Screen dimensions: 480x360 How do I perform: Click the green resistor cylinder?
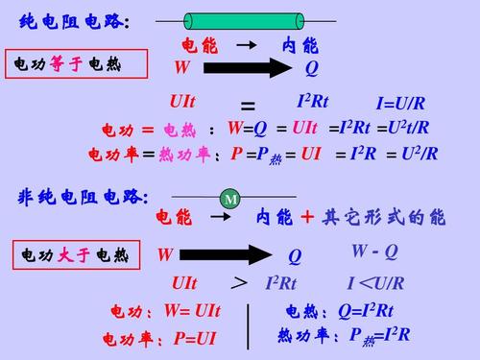tap(244, 21)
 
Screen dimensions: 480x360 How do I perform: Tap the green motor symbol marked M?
tap(230, 199)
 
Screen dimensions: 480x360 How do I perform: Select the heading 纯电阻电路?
tap(74, 22)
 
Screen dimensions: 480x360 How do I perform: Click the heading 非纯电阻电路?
tap(83, 197)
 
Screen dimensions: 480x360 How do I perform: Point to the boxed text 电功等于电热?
tap(67, 64)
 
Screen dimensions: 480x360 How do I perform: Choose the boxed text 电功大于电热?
tap(75, 255)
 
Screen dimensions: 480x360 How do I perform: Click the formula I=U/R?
tap(400, 103)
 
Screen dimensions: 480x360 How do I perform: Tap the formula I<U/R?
tap(376, 283)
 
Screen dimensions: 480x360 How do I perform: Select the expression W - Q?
tap(374, 252)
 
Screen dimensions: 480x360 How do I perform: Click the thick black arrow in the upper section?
tap(248, 68)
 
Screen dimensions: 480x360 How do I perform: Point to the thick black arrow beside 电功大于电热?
tap(226, 255)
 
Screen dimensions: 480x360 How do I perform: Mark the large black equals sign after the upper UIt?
tap(248, 106)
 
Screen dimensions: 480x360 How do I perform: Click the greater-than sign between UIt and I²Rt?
tap(239, 283)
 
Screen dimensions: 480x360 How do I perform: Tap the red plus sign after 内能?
tap(307, 217)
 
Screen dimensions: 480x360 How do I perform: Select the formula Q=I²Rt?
tap(366, 311)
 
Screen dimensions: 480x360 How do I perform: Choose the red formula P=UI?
tap(195, 339)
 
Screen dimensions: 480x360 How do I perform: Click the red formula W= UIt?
tap(192, 311)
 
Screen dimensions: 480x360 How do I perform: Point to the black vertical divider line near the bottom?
tap(248, 326)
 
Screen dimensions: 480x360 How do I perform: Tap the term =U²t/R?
tap(403, 128)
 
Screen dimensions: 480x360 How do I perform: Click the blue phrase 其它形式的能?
tap(383, 217)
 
